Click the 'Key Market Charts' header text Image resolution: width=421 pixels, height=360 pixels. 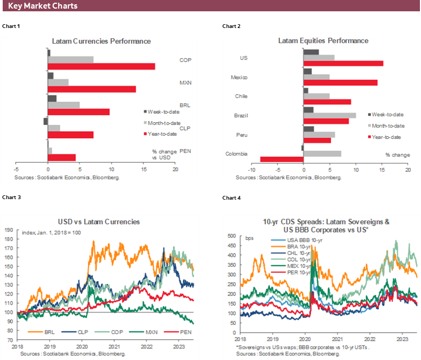click(43, 6)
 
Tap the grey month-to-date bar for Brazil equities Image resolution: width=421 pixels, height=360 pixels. click(329, 115)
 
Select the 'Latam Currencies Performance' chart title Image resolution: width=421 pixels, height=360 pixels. click(101, 41)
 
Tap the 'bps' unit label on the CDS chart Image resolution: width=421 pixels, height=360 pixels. click(249, 237)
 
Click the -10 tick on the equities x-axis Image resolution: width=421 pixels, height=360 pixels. click(236, 169)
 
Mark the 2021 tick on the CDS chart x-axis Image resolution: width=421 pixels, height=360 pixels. click(336, 340)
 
